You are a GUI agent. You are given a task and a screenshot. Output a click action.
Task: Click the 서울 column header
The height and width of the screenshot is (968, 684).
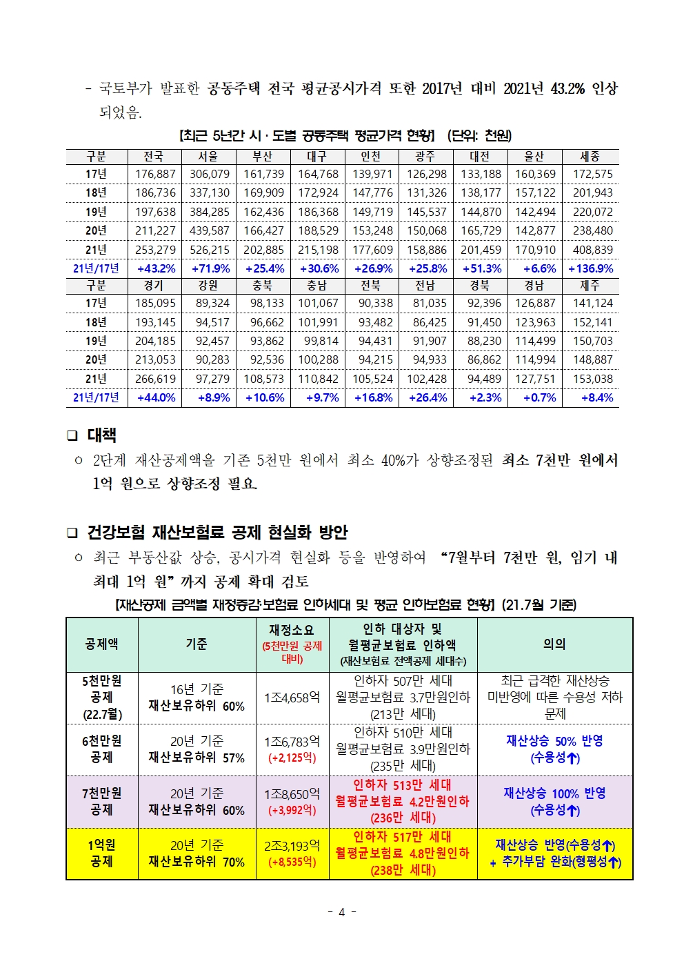click(208, 157)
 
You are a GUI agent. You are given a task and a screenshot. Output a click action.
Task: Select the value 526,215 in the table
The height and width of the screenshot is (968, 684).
click(210, 250)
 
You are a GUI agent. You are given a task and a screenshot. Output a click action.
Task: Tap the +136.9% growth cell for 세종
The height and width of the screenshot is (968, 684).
click(590, 268)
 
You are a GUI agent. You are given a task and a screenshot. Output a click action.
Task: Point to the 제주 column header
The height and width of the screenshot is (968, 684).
click(590, 285)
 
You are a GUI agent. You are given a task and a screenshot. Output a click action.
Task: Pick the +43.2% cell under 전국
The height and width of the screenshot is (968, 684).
click(156, 268)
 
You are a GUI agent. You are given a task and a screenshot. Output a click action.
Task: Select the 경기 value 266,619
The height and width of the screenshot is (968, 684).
click(155, 379)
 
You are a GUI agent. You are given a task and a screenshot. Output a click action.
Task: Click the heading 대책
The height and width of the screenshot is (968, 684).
click(101, 435)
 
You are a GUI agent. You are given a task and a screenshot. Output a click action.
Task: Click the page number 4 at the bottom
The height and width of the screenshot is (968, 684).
click(341, 912)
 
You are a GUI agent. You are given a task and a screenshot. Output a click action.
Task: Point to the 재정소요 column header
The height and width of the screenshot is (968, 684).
click(292, 630)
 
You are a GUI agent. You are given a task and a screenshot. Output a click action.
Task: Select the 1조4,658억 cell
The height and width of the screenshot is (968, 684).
click(292, 698)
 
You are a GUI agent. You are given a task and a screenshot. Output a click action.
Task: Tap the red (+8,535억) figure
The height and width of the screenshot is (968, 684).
click(292, 862)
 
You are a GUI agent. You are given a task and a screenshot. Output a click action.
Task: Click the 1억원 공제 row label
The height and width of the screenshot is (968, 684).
click(101, 853)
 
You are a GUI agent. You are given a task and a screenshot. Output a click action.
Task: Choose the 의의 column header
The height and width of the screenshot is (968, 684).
click(554, 644)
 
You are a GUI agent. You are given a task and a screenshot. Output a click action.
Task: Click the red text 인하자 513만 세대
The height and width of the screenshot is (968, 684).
click(402, 785)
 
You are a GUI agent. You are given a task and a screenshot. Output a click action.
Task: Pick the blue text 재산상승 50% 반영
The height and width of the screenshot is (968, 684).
click(554, 741)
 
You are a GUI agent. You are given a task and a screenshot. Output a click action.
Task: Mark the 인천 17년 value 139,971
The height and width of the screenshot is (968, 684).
click(372, 174)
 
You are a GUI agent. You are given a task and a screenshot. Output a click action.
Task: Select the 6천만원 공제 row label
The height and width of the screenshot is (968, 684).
click(101, 749)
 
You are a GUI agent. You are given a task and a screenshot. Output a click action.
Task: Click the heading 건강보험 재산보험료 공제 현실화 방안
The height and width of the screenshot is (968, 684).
click(217, 533)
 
